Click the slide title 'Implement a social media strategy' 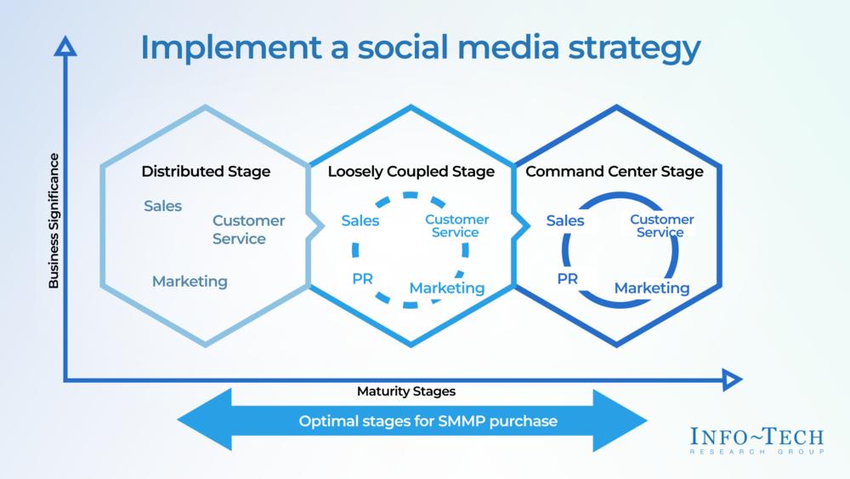click(x=420, y=48)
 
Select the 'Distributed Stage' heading click(x=206, y=172)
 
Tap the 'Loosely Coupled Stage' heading click(x=411, y=172)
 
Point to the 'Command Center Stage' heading click(x=615, y=172)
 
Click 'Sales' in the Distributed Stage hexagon click(x=162, y=206)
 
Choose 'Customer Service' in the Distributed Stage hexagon click(x=248, y=230)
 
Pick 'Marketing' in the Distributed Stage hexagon click(x=190, y=281)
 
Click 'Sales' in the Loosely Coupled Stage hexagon click(x=360, y=221)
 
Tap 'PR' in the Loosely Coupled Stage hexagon click(x=363, y=278)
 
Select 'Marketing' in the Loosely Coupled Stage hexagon click(x=447, y=288)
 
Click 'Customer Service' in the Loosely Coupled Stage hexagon click(x=456, y=225)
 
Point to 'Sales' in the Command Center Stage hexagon click(x=565, y=221)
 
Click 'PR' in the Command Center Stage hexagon click(x=568, y=278)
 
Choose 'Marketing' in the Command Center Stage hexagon click(x=652, y=288)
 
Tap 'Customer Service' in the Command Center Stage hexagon click(x=661, y=225)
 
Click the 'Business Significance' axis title click(x=54, y=221)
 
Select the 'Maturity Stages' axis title click(x=406, y=392)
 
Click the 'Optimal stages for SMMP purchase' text click(x=416, y=421)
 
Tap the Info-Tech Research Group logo click(x=757, y=442)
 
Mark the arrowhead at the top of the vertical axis click(x=65, y=48)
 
